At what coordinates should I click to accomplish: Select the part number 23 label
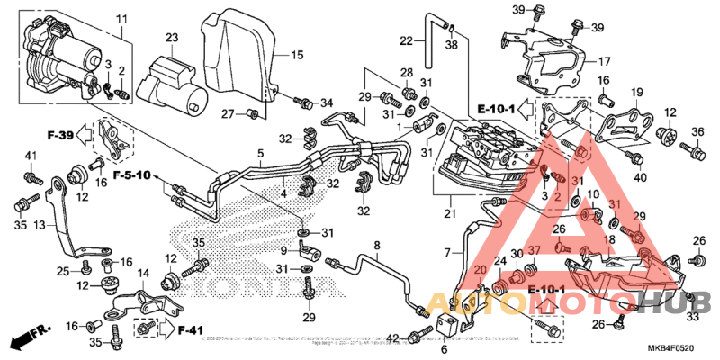pos(172,37)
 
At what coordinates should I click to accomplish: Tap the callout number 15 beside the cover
pos(296,55)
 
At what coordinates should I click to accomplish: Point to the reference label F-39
pos(60,135)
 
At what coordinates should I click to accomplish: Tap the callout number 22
pos(407,40)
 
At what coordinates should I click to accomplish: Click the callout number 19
pos(636,93)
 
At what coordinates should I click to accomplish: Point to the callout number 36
pos(697,133)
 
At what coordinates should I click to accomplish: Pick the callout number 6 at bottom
pos(443,349)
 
